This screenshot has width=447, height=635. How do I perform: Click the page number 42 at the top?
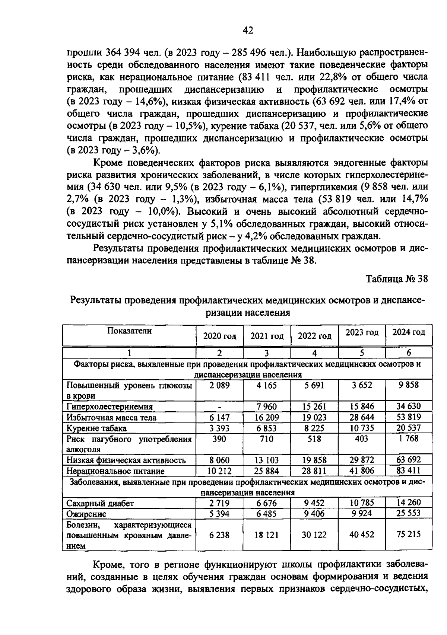pos(248,30)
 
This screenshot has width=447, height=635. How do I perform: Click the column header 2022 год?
pos(314,336)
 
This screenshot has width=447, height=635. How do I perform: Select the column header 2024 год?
pos(409,332)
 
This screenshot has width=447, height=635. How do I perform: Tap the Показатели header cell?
pos(129,331)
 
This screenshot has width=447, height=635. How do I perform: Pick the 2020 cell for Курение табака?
pos(219,428)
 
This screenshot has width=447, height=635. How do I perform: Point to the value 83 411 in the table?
pos(409,470)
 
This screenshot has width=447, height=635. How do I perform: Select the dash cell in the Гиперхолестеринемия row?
pos(219,407)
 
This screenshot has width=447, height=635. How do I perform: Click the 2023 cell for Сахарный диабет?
pos(362,503)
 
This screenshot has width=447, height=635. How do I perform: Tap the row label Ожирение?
pos(86,514)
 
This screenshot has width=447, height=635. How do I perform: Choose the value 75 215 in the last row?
pos(409,535)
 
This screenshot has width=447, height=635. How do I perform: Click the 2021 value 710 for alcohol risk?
pos(267,439)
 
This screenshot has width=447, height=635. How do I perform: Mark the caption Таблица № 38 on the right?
pos(397,279)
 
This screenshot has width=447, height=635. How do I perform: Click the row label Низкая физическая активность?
pos(126,460)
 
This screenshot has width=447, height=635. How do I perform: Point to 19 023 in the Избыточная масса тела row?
pos(314,418)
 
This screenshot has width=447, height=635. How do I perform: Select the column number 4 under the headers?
pos(314,353)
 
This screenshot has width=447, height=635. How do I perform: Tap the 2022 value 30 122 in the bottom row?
pos(314,535)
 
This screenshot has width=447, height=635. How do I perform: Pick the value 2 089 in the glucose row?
pos(219,385)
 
